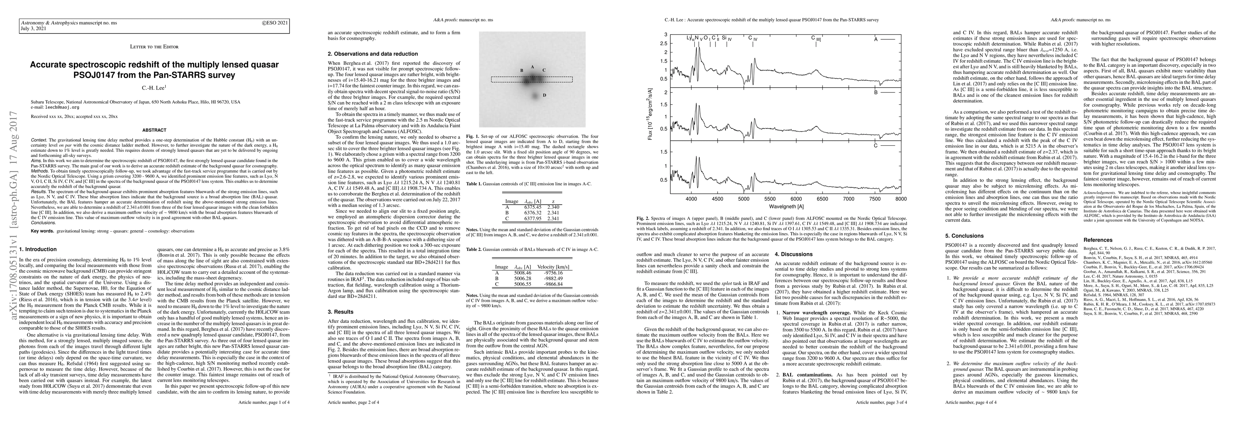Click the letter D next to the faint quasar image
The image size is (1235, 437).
tap(544, 95)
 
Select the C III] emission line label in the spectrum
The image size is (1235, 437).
tap(816, 38)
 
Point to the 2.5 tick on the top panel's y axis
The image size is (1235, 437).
tap(664, 44)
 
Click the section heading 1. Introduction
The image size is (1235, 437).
tap(41, 249)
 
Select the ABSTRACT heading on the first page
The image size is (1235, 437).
tap(154, 130)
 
